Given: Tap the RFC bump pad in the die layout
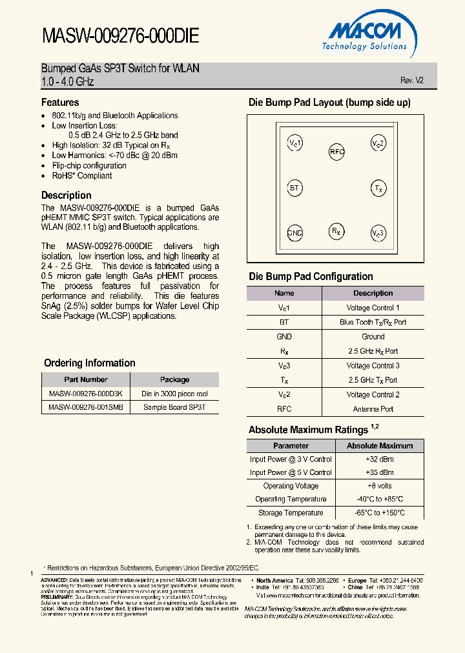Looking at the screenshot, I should click(337, 152).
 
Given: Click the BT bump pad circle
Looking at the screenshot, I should click(294, 188).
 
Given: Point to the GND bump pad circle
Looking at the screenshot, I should click(294, 233).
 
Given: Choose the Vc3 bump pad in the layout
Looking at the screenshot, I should click(378, 233).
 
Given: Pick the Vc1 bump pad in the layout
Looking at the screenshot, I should click(294, 143).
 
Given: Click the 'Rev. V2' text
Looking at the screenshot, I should click(412, 81).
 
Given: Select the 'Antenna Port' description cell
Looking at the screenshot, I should click(373, 408).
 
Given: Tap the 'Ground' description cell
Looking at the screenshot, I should click(373, 336).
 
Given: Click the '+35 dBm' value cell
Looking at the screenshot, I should click(379, 472).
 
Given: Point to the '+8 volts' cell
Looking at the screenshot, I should click(379, 486).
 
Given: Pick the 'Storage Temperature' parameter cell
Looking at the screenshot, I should click(291, 513).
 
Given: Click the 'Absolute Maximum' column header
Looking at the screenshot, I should click(379, 445).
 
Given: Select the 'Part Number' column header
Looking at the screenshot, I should click(86, 379).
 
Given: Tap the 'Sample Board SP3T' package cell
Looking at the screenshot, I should click(174, 407).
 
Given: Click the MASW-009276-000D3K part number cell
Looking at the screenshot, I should click(86, 394).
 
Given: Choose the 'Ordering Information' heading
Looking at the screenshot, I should click(90, 363).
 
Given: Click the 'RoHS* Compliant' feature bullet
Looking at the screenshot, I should click(82, 176).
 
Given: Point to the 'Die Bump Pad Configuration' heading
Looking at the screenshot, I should click(311, 277).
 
